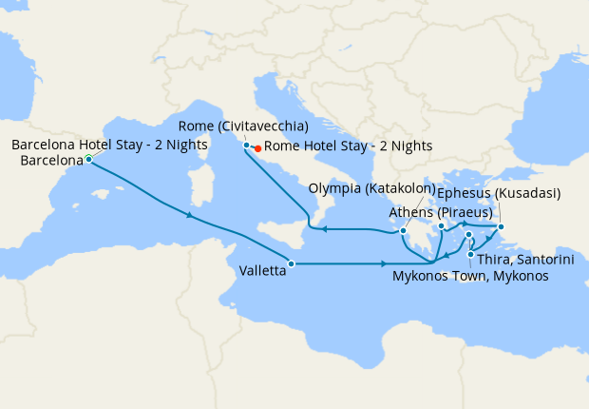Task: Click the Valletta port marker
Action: [291, 263]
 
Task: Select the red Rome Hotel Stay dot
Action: [257, 147]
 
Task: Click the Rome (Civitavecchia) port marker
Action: [246, 145]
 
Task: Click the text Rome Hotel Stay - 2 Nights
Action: [348, 146]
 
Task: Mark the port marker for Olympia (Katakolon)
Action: [404, 230]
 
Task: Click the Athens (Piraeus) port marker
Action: [442, 225]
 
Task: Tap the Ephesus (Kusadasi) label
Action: [498, 193]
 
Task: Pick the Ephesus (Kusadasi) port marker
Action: [502, 226]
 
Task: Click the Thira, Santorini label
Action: [518, 258]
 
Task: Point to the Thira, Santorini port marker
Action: [472, 253]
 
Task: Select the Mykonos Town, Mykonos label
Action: [470, 276]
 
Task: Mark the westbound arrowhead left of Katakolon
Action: [324, 229]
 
